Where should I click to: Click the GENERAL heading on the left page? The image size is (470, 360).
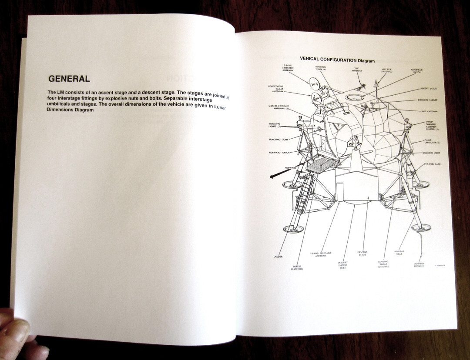click(x=69, y=79)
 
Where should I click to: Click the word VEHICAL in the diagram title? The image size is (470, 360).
click(x=310, y=59)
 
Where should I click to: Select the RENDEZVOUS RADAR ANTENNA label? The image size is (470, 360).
click(x=275, y=89)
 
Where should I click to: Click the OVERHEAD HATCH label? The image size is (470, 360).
click(x=417, y=71)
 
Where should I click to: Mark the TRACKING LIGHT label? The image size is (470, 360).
click(x=278, y=140)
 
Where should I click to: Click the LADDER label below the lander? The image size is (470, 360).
click(x=278, y=257)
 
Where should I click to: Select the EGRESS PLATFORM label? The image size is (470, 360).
click(x=297, y=268)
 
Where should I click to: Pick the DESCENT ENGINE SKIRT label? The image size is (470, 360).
click(x=342, y=265)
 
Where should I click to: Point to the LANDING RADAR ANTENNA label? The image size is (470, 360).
click(x=383, y=264)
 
